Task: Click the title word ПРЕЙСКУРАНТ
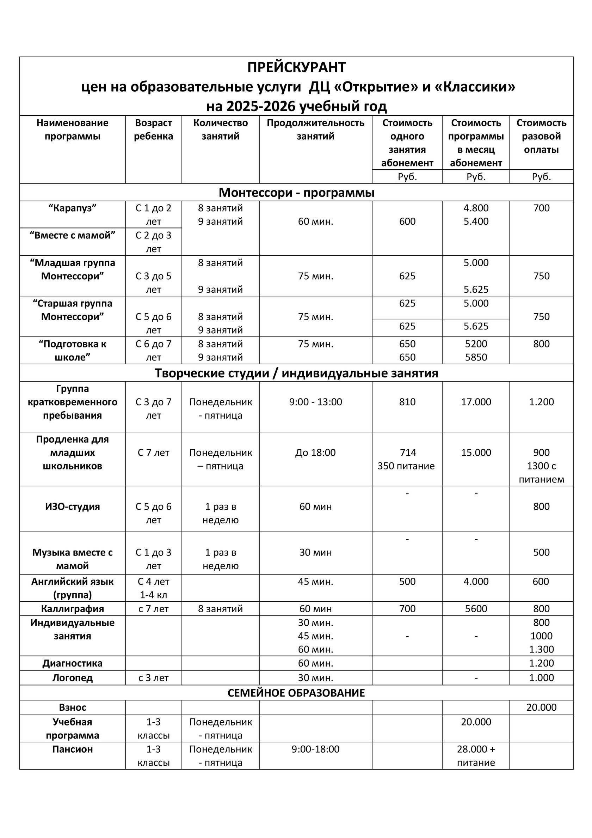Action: (x=296, y=67)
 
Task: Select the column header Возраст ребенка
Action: (x=153, y=129)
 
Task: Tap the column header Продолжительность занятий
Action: (x=315, y=129)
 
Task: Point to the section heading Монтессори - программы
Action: (x=296, y=192)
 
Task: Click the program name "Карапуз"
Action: (x=72, y=208)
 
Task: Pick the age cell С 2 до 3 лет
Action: (x=153, y=242)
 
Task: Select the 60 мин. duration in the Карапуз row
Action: (x=315, y=221)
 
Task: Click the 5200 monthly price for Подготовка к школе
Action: (x=476, y=344)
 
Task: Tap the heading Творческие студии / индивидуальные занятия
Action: (x=296, y=373)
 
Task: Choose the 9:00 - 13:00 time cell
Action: (x=315, y=402)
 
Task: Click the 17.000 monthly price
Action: (x=476, y=402)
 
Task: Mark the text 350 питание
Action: (x=406, y=466)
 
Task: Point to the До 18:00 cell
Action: (x=315, y=453)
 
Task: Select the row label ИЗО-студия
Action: (x=72, y=506)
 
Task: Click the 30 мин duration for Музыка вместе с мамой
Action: (x=315, y=553)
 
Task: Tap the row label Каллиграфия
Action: (x=72, y=609)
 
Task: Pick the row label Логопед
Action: (x=72, y=678)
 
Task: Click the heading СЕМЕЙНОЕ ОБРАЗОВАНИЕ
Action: (x=296, y=693)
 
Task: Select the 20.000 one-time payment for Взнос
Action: (x=541, y=708)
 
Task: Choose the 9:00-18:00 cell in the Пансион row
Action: (x=315, y=749)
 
